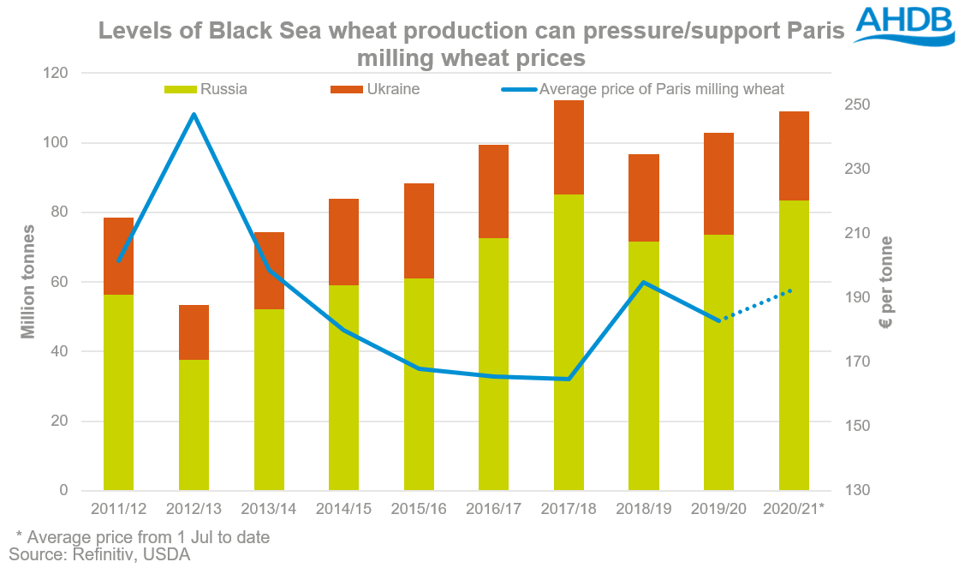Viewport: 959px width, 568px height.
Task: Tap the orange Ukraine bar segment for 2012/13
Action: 194,332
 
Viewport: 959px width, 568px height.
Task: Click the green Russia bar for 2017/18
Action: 569,343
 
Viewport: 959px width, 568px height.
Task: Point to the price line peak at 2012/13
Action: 194,114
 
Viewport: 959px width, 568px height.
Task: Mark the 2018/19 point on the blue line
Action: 644,282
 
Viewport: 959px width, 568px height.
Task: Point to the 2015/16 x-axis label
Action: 419,509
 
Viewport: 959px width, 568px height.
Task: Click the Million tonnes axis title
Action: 29,282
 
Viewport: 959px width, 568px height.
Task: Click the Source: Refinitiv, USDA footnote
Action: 99,555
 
